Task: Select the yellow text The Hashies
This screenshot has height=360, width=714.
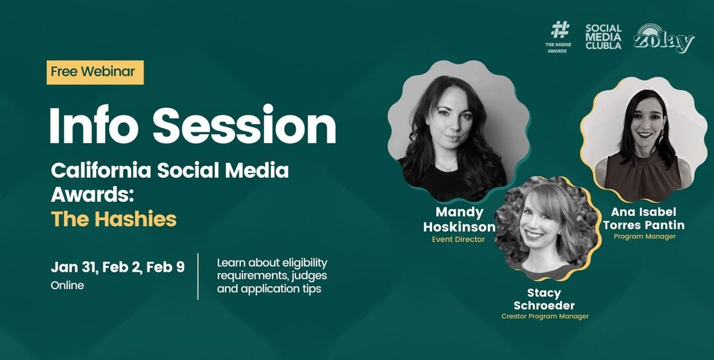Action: point(114,219)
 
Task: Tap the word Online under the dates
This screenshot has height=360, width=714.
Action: point(67,286)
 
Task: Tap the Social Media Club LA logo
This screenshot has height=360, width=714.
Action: point(603,36)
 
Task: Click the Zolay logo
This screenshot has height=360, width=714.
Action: point(663,39)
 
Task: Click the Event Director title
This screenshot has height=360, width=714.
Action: point(458,240)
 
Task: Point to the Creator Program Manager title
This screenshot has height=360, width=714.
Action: point(544,317)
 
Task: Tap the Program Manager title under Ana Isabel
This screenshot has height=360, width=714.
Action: point(644,236)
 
